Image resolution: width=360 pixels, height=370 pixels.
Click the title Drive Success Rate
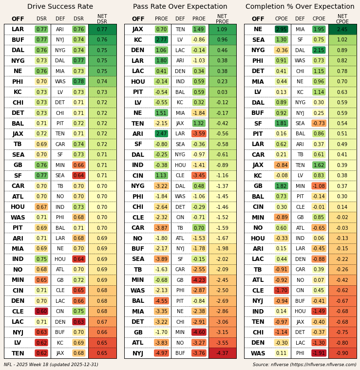(x=60, y=7)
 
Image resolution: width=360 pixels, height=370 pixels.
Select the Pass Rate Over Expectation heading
(x=180, y=7)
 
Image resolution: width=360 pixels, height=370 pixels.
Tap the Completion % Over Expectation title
(x=300, y=7)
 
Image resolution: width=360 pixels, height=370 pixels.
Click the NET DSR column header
(x=102, y=19)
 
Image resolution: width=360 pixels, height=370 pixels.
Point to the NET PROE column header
(x=222, y=19)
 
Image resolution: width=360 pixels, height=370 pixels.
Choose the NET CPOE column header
(x=342, y=19)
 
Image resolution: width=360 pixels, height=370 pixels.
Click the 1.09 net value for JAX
(x=222, y=29)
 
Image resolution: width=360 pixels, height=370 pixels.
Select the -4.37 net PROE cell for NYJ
(x=222, y=353)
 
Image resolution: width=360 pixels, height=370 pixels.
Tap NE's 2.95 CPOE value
(x=281, y=29)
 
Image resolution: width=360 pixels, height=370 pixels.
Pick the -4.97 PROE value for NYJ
(x=161, y=353)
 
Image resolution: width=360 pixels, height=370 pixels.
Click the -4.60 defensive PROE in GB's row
(x=199, y=333)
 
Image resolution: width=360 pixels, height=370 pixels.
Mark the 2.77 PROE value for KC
(x=161, y=40)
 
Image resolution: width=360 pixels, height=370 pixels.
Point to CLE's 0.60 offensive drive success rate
(x=41, y=312)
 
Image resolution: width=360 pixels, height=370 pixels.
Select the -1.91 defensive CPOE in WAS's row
(x=319, y=353)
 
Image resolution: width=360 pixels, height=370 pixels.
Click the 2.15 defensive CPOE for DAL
(x=319, y=50)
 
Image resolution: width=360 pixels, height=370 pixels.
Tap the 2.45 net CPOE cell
(x=342, y=29)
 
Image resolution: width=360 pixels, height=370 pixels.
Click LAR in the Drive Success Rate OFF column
(x=18, y=29)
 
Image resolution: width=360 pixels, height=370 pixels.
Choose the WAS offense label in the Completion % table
(x=258, y=353)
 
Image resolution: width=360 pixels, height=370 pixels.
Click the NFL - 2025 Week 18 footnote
(x=51, y=365)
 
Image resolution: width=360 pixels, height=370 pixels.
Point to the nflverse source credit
(x=304, y=365)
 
